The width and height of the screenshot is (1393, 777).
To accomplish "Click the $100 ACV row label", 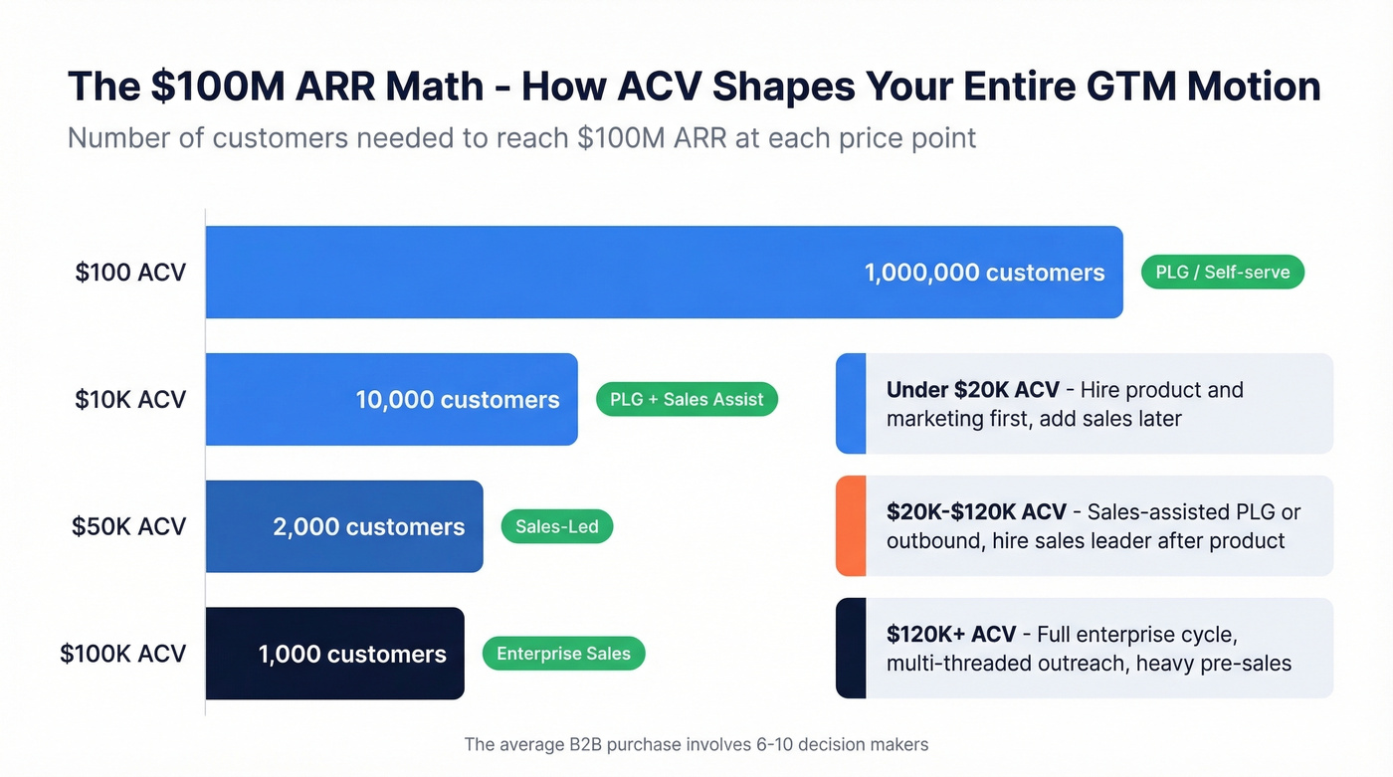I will point(130,273).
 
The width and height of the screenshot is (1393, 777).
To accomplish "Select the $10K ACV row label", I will point(130,400).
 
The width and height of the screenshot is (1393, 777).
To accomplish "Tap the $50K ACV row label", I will point(128,526).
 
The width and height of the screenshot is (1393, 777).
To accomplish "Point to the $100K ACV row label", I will point(123,654).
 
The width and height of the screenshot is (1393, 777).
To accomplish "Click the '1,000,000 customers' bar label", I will point(984,273).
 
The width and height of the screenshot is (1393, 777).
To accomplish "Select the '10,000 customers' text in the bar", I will point(458,400).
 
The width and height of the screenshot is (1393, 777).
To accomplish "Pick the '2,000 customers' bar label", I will point(368,526).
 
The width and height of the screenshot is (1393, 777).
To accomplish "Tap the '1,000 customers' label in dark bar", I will point(352,654).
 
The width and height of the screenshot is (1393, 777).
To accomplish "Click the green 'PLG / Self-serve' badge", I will point(1222,272).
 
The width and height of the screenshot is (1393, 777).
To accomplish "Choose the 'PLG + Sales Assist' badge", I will point(687,400).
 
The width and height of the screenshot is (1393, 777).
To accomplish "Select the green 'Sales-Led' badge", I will point(557,526).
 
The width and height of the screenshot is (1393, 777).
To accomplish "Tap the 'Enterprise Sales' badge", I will point(563,654).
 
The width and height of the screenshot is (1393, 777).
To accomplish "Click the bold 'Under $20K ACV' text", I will point(972,390).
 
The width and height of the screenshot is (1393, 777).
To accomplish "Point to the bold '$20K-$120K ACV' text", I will point(976,512).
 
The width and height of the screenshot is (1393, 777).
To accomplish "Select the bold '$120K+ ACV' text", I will point(951,635).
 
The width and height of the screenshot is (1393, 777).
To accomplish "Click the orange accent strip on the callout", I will point(851,526).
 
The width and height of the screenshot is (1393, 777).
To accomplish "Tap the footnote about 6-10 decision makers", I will point(696,744).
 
